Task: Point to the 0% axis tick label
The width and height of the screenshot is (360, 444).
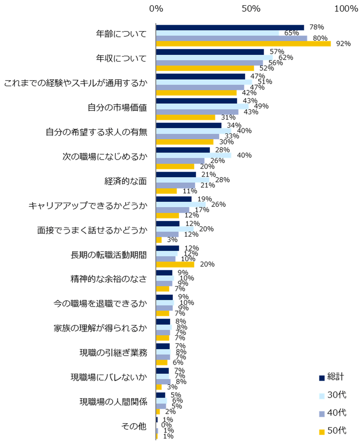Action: click(156, 9)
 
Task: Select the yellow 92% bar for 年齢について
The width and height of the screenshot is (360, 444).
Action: click(243, 44)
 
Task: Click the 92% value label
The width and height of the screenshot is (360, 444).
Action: click(343, 44)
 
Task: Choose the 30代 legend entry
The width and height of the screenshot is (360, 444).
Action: click(333, 395)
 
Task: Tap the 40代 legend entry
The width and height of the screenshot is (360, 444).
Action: click(333, 413)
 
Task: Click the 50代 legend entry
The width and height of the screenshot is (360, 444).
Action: click(333, 431)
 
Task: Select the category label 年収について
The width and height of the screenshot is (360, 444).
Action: click(121, 59)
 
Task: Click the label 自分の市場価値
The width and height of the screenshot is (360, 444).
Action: click(118, 107)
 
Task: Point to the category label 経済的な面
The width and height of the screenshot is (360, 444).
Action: click(125, 181)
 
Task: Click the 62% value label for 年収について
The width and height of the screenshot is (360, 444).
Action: click(286, 58)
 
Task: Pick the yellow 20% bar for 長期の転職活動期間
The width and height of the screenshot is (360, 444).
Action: click(175, 265)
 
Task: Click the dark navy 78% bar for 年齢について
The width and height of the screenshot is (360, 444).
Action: click(230, 27)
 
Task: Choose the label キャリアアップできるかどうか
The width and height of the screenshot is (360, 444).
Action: click(88, 205)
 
